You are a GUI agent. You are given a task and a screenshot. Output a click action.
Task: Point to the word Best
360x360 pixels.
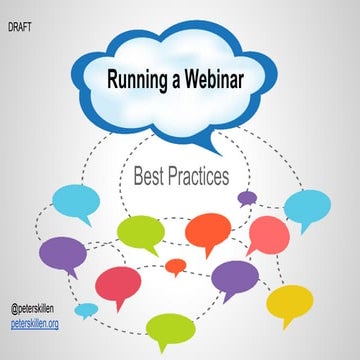point(149,178)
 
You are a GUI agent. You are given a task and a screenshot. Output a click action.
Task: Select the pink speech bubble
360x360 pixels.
point(268,233)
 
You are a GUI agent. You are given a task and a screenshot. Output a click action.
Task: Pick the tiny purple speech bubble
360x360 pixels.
point(247,197)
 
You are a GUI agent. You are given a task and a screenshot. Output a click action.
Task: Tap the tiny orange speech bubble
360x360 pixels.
point(176,266)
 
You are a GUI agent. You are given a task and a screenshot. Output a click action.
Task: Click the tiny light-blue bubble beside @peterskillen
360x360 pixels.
point(87,309)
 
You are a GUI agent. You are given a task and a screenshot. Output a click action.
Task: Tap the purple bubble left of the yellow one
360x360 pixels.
point(234,277)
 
